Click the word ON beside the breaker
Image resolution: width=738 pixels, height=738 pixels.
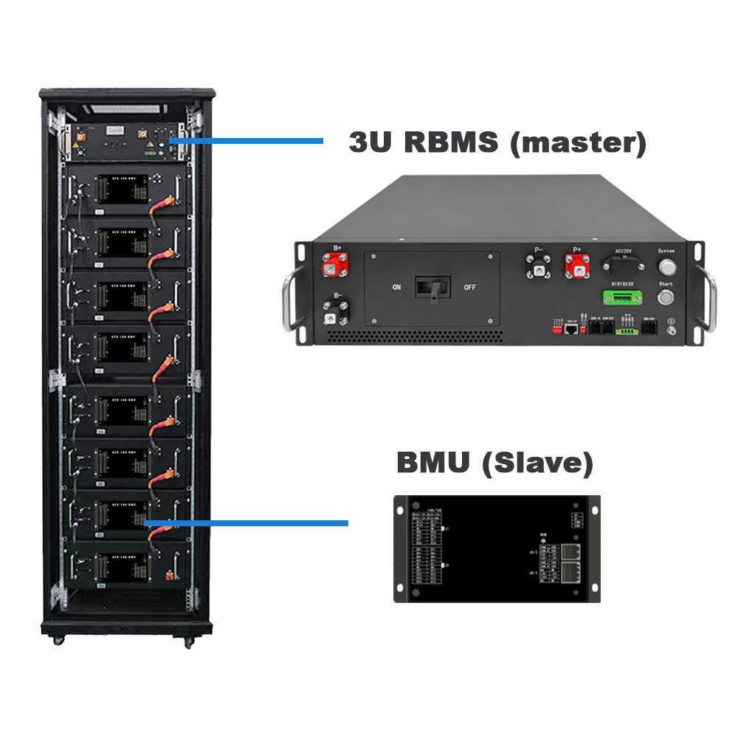396,287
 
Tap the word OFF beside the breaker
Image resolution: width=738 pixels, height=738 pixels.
469,287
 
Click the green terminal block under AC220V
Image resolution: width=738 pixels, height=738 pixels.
618,296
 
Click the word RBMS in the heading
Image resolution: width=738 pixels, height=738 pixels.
451,142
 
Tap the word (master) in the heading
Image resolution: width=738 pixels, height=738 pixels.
578,142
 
